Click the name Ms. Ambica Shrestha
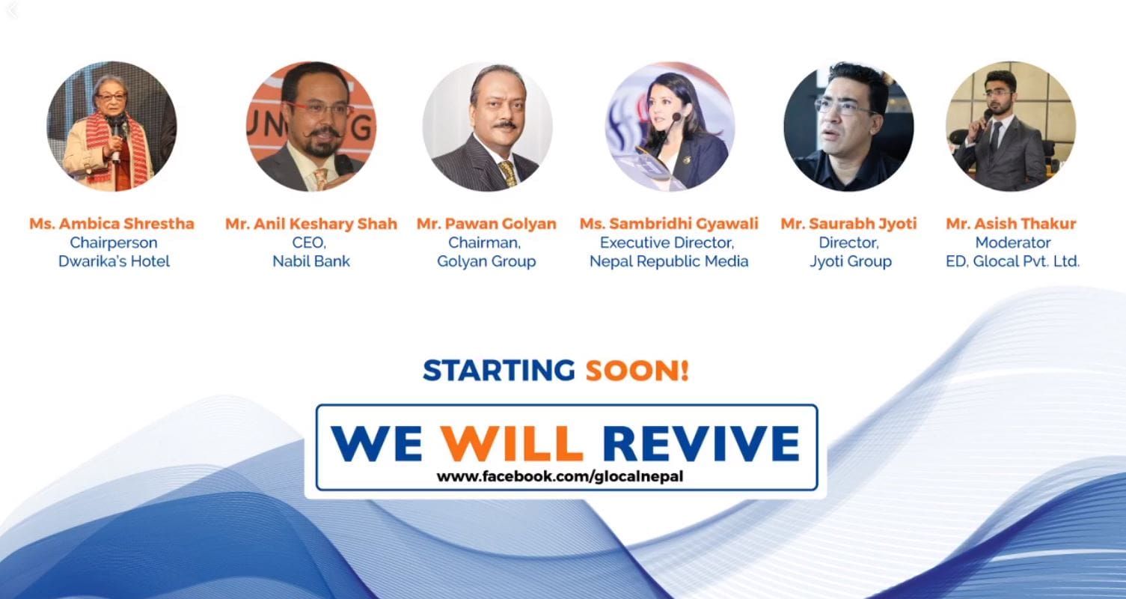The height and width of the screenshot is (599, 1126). pyautogui.click(x=111, y=223)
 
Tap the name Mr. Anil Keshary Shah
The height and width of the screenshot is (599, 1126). pyautogui.click(x=311, y=224)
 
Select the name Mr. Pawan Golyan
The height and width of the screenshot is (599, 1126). pyautogui.click(x=486, y=224)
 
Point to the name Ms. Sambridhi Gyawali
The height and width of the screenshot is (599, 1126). pyautogui.click(x=669, y=224)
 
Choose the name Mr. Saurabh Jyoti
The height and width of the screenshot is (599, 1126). pyautogui.click(x=848, y=224)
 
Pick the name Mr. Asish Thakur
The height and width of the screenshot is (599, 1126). pyautogui.click(x=1011, y=223)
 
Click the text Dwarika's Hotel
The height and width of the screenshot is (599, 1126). pyautogui.click(x=114, y=261)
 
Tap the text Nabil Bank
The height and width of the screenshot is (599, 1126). pyautogui.click(x=311, y=261)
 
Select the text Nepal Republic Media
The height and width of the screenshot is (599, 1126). pyautogui.click(x=669, y=261)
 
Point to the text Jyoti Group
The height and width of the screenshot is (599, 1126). pyautogui.click(x=851, y=262)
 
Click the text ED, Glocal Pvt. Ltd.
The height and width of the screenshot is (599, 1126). pyautogui.click(x=1012, y=261)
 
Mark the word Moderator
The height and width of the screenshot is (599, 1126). pyautogui.click(x=1013, y=243)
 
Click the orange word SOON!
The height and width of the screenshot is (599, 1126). pyautogui.click(x=637, y=370)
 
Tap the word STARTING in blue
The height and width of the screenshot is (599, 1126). pyautogui.click(x=498, y=370)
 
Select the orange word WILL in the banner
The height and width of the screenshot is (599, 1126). pyautogui.click(x=511, y=443)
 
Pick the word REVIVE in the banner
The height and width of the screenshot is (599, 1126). pyautogui.click(x=701, y=443)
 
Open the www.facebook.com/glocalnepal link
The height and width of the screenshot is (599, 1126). pyautogui.click(x=560, y=476)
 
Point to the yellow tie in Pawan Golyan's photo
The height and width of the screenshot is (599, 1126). pyautogui.click(x=508, y=174)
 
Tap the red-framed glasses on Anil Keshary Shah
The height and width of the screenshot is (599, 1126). pyautogui.click(x=319, y=109)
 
